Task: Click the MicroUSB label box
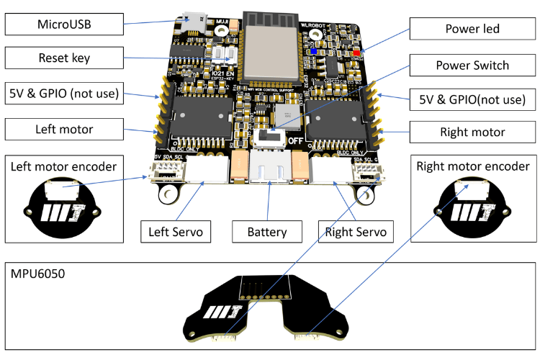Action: pyautogui.click(x=64, y=24)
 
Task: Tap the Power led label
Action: pyautogui.click(x=472, y=30)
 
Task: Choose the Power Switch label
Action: pyautogui.click(x=472, y=66)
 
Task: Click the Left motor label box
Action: pyautogui.click(x=64, y=130)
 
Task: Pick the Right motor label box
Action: pyautogui.click(x=472, y=132)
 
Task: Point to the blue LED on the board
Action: pyautogui.click(x=311, y=52)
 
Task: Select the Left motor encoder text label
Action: pyautogui.click(x=64, y=167)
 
